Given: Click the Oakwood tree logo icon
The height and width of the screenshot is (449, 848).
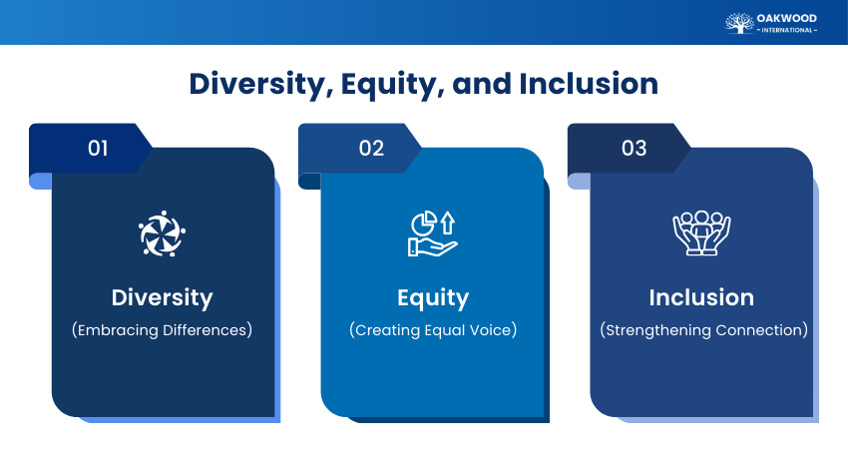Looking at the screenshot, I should [x=739, y=22].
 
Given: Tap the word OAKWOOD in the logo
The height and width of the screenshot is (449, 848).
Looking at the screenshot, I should [x=787, y=17].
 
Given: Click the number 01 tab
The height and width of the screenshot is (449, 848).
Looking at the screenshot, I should [x=98, y=149].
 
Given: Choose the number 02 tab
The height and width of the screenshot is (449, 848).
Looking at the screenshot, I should [x=371, y=149].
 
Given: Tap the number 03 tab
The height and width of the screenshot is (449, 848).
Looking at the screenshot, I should [x=635, y=149].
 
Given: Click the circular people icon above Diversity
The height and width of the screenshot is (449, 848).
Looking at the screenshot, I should [x=162, y=233].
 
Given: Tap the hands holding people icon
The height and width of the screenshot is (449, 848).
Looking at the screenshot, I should [x=701, y=233].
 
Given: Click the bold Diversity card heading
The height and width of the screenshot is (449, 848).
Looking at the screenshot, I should [x=162, y=297].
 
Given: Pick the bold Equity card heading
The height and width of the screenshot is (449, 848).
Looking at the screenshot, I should [x=432, y=297].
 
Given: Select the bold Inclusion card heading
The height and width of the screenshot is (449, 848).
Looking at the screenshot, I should [x=701, y=297].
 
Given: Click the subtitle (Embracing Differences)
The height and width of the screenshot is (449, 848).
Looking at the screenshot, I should [x=162, y=330].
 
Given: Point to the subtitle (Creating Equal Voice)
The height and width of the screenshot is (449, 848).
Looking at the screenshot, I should [x=432, y=330].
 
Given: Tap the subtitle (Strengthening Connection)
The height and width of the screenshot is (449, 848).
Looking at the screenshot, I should [x=701, y=330].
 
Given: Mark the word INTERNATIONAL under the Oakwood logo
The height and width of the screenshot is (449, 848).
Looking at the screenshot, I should [x=787, y=30].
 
